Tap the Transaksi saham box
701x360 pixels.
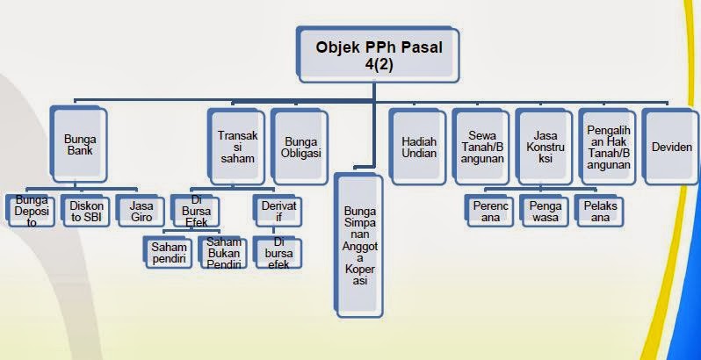click(x=236, y=145)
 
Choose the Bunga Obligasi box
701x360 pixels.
click(x=302, y=145)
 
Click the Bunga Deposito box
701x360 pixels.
click(x=31, y=211)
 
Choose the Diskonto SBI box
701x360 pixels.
click(x=86, y=211)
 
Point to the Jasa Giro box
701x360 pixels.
click(x=141, y=211)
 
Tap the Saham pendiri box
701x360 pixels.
click(x=168, y=253)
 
